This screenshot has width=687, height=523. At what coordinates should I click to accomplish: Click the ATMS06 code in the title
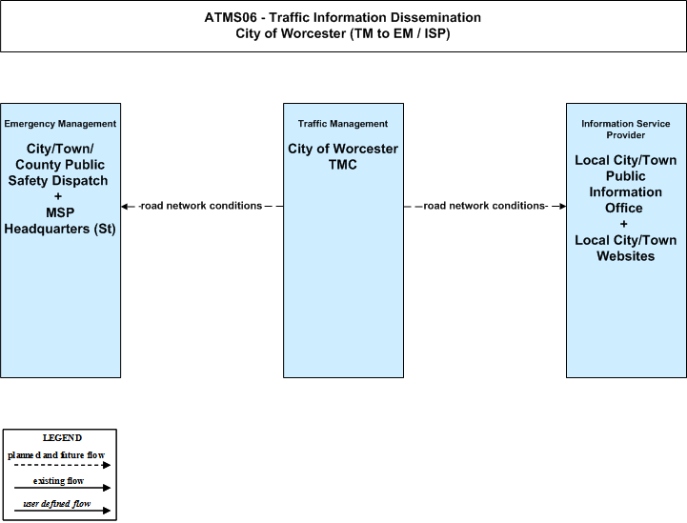click(x=231, y=17)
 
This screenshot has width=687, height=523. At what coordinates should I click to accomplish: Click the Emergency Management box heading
click(x=60, y=124)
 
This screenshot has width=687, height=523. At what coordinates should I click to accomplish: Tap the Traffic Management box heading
click(x=343, y=124)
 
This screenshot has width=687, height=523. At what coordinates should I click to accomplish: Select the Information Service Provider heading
click(x=626, y=130)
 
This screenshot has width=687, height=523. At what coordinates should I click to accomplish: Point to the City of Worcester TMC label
click(x=343, y=156)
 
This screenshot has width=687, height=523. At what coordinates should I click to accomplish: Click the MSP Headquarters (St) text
click(x=60, y=220)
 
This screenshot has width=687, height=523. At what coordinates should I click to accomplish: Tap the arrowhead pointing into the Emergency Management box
click(x=125, y=207)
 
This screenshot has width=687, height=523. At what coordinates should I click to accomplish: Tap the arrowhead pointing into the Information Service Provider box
click(x=562, y=207)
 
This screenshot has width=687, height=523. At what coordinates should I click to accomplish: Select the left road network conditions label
click(x=201, y=206)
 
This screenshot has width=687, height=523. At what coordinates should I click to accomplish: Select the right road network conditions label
click(x=485, y=206)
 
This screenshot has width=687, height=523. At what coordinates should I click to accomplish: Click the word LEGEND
click(x=62, y=438)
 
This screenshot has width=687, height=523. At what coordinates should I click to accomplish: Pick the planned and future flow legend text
click(x=56, y=455)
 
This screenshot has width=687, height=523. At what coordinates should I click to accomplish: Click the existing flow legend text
click(x=58, y=481)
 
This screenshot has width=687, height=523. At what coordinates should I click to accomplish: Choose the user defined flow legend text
click(x=57, y=504)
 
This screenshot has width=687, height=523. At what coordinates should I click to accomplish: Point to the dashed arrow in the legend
click(x=62, y=465)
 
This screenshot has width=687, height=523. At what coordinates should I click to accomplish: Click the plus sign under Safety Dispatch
click(x=58, y=196)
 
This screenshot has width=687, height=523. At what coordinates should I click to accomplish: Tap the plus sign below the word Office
click(x=623, y=224)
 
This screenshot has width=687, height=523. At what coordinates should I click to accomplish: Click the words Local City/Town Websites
click(x=626, y=248)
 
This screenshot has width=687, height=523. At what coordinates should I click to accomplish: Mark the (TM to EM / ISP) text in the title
click(x=399, y=33)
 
